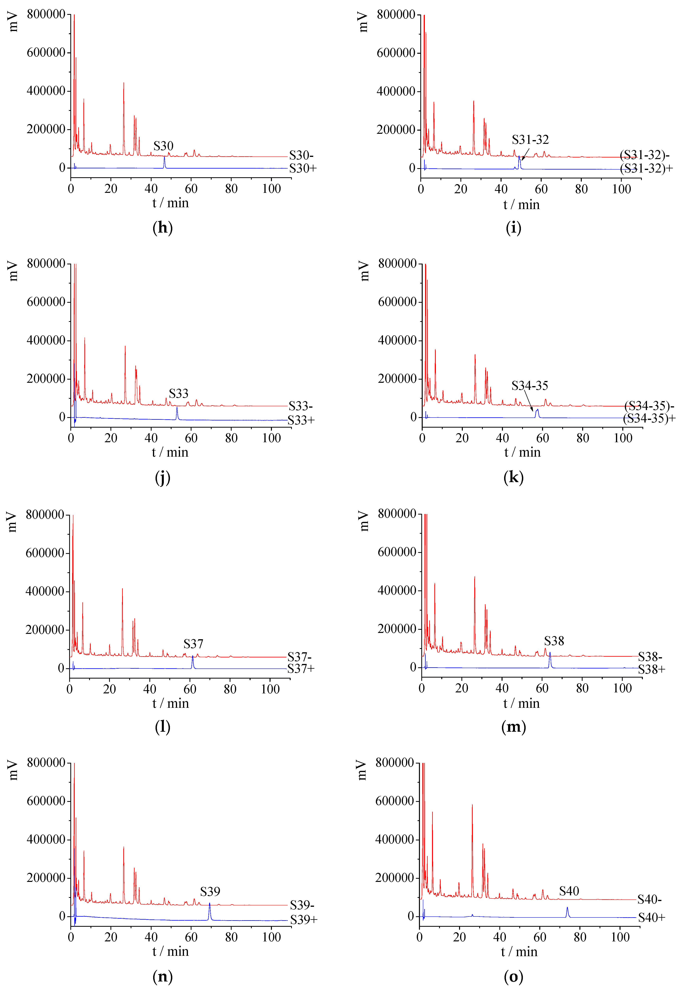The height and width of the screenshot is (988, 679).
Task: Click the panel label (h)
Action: [162, 228]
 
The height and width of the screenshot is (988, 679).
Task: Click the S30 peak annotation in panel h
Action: [163, 146]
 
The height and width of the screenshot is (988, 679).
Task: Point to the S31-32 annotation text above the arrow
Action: [530, 140]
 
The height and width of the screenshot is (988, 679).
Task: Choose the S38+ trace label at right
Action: [651, 669]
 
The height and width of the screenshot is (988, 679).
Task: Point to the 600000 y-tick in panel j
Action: [46, 302]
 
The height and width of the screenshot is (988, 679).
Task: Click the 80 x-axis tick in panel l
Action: [230, 689]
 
